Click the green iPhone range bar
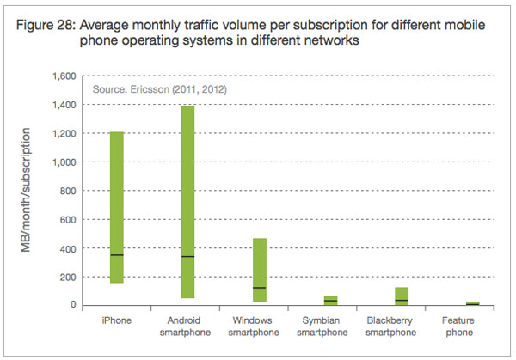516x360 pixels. tap(116, 206)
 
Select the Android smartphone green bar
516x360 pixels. tap(187, 202)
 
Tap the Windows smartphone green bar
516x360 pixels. tap(259, 269)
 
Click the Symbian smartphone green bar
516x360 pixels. tap(330, 300)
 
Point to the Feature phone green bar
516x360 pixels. tap(472, 303)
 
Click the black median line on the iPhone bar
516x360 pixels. tap(116, 255)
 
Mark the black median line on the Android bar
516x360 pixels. tap(187, 257)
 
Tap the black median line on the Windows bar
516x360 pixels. tap(259, 288)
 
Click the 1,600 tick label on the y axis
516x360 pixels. tap(64, 76)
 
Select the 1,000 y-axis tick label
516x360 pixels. tap(64, 162)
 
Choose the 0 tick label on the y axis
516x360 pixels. tap(76, 305)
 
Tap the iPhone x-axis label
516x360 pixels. tap(116, 320)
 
